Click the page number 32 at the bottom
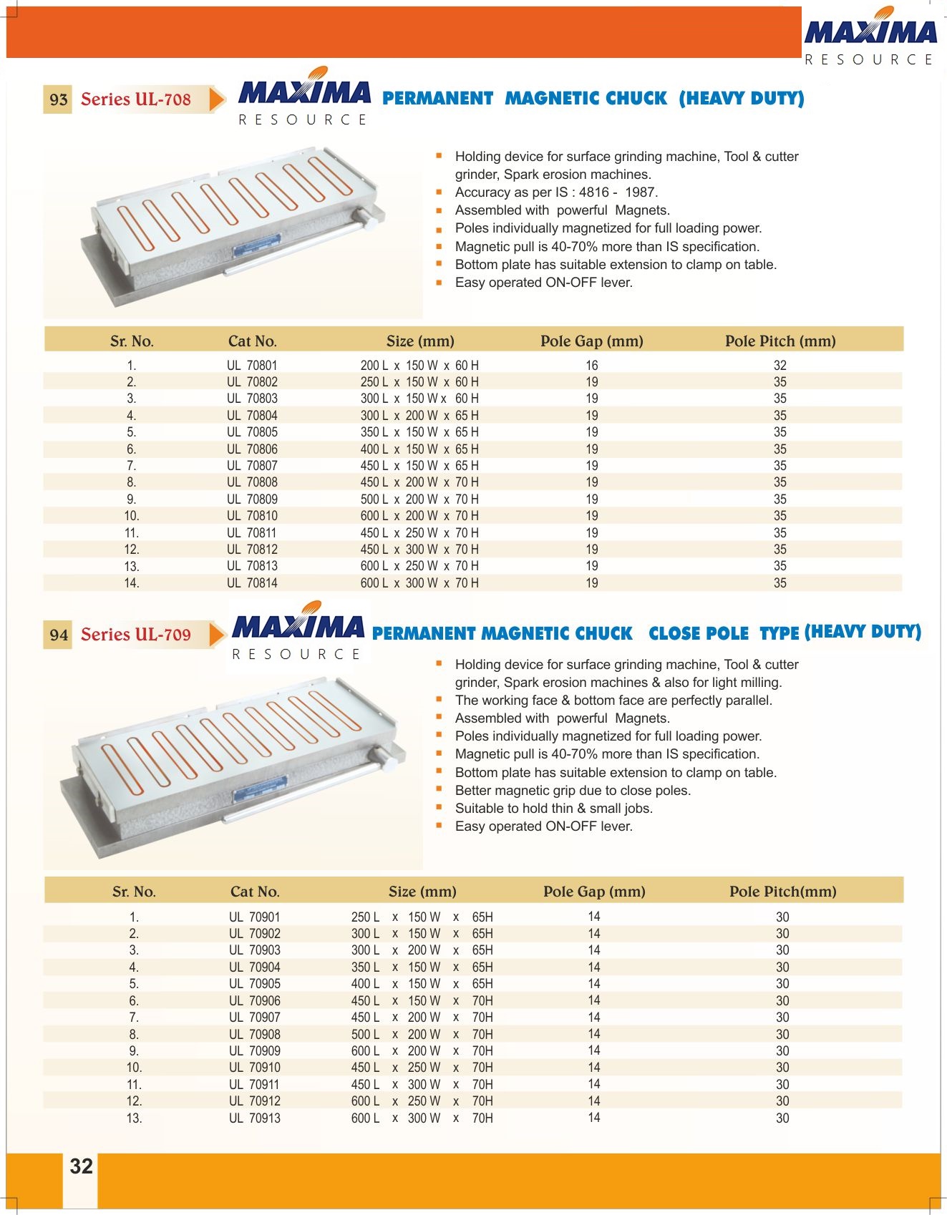pyautogui.click(x=81, y=1166)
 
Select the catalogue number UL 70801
pyautogui.click(x=252, y=365)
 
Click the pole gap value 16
pyautogui.click(x=591, y=365)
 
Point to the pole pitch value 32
pyautogui.click(x=780, y=365)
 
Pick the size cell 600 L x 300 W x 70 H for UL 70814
pyautogui.click(x=419, y=583)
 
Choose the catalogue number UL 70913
pyautogui.click(x=254, y=1118)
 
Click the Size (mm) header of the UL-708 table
pyautogui.click(x=419, y=341)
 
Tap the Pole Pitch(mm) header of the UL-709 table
pyautogui.click(x=782, y=892)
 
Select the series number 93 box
pyautogui.click(x=59, y=99)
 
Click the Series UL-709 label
pyautogui.click(x=136, y=635)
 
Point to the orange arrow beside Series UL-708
pyautogui.click(x=216, y=99)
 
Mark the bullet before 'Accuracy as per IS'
pyautogui.click(x=439, y=192)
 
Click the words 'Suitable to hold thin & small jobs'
pyautogui.click(x=553, y=808)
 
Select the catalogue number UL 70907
pyautogui.click(x=254, y=1018)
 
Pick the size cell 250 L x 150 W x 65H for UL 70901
pyautogui.click(x=422, y=917)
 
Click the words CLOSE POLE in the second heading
pyautogui.click(x=698, y=634)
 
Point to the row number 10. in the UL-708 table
pyautogui.click(x=132, y=516)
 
